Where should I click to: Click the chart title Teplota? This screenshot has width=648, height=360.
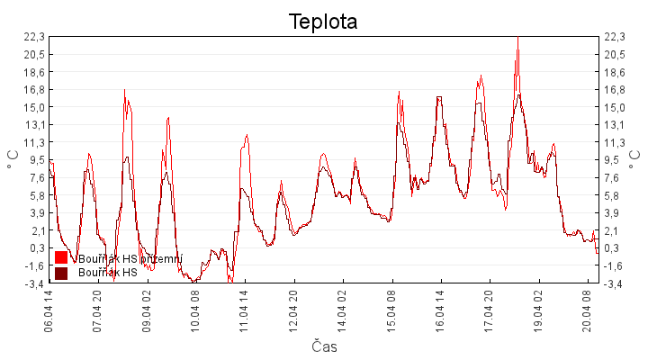pos(323,22)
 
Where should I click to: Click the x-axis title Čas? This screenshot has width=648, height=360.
pos(324,346)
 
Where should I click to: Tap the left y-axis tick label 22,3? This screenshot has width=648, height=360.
pos(33,37)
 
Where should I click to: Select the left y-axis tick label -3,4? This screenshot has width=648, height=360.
pos(33,283)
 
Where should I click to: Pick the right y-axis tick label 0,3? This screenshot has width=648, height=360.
pos(614,248)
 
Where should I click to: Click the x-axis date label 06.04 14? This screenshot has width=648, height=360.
pos(49,309)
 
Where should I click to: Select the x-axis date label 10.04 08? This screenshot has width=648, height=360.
pos(195,309)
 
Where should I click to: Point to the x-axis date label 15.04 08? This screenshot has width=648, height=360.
pos(391,309)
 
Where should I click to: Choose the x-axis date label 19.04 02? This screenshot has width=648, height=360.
pos(538,309)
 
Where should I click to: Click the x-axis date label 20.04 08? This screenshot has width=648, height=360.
pos(587,309)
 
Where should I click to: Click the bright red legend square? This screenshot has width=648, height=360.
pos(61,258)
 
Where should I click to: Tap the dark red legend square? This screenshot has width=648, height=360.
pos(61,273)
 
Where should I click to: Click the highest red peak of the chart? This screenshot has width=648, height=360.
pos(517,38)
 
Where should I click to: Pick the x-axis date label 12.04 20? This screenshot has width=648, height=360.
pos(293,309)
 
